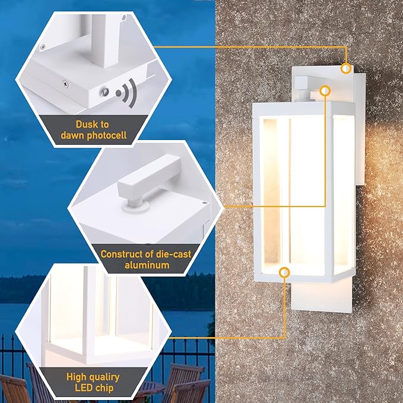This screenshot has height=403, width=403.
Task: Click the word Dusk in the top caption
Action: [85, 125]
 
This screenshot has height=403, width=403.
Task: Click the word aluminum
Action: [147, 265]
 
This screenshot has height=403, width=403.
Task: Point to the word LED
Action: [84, 388]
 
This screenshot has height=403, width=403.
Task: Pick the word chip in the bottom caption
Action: [104, 388]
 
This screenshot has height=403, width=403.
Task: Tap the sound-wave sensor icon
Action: [126, 93]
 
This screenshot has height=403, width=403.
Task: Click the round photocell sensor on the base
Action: [104, 91]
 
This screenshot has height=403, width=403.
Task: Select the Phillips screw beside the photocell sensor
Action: [65, 84]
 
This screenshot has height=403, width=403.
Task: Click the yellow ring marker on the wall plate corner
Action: [346, 69]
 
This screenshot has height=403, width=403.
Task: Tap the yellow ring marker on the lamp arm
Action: [325, 91]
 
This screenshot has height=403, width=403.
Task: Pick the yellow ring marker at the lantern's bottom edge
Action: [284, 272]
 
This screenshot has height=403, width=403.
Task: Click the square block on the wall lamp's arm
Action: [302, 83]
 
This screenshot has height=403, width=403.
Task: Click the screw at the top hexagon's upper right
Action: [123, 18]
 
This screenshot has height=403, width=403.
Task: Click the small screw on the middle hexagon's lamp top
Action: [204, 202]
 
